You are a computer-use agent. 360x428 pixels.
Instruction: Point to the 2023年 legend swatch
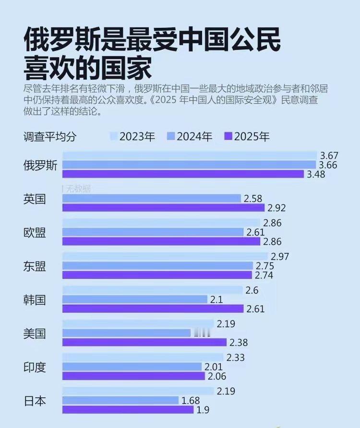tap(114, 136)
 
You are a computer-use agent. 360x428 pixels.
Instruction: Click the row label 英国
tap(35, 199)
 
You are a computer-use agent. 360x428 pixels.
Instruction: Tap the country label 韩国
tap(35, 300)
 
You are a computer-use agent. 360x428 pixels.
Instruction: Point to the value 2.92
tap(276, 208)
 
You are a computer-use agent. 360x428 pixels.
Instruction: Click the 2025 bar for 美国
tap(144, 343)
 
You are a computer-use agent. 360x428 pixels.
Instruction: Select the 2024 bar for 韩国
tap(134, 299)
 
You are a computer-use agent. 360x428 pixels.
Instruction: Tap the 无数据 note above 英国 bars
tap(77, 189)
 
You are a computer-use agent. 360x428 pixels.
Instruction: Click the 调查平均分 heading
tap(50, 136)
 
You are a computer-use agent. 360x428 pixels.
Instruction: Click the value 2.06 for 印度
tap(216, 377)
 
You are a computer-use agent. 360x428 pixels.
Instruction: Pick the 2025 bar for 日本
tap(128, 410)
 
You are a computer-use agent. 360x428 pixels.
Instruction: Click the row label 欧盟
tap(35, 232)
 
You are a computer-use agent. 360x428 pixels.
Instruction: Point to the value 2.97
tap(279, 257)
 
